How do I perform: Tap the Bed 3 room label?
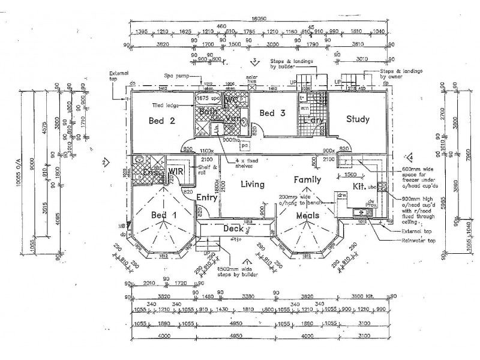[x=267, y=113]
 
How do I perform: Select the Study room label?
[x=358, y=119]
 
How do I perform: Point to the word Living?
[x=253, y=185]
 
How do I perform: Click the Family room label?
[x=307, y=179]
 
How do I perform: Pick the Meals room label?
[x=305, y=215]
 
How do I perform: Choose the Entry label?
[x=206, y=197]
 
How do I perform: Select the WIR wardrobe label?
[x=176, y=171]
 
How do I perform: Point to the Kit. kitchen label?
[x=358, y=187]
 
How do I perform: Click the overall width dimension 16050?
[x=259, y=19]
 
